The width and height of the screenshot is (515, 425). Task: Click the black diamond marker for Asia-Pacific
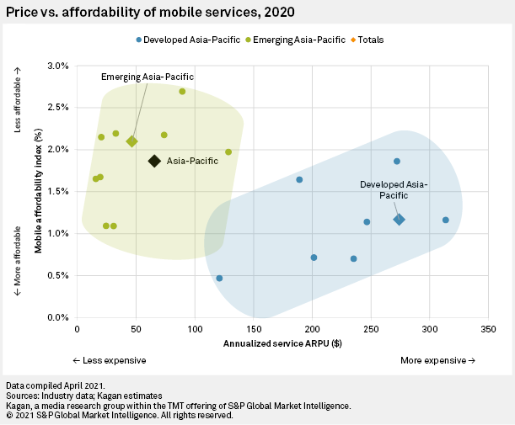[154, 161]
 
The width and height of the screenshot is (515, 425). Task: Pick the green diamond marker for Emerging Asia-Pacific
[131, 141]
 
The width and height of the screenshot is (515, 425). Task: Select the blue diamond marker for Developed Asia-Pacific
[400, 220]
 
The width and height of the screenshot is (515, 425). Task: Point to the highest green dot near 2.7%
[182, 92]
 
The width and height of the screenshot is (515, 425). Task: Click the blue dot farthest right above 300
[445, 220]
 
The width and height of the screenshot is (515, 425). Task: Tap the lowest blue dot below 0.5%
[219, 278]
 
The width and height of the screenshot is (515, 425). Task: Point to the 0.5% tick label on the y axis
[57, 276]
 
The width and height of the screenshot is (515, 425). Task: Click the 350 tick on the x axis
[488, 330]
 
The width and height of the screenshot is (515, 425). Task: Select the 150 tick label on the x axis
[254, 330]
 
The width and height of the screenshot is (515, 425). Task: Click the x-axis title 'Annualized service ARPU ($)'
[282, 344]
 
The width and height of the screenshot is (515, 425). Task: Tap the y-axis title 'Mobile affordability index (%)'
[39, 192]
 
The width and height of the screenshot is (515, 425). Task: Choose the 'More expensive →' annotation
[437, 360]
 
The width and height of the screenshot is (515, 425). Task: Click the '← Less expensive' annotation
[110, 360]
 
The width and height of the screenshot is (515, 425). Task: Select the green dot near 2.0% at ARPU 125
[228, 152]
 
